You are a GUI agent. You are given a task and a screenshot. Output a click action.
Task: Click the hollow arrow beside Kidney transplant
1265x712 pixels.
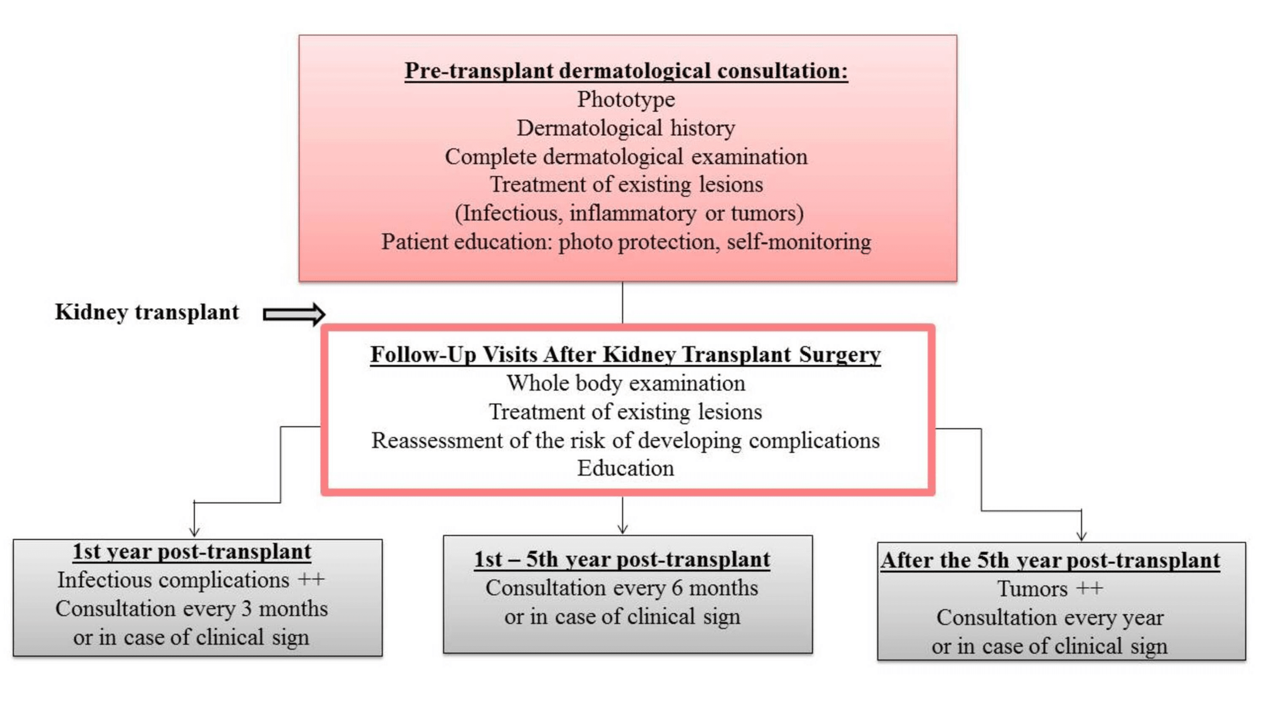point(293,314)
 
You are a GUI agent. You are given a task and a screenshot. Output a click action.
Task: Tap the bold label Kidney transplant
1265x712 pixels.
point(147,312)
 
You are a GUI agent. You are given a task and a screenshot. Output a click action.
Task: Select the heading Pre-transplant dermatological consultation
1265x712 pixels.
point(626,71)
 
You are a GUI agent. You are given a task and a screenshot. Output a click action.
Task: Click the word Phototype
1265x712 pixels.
point(626,99)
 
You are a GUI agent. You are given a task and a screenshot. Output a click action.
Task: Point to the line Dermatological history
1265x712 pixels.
point(626,128)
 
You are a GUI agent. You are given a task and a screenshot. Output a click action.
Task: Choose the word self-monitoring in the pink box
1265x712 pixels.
point(799,242)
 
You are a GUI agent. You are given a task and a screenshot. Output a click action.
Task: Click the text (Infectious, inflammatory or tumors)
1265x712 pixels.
point(629,214)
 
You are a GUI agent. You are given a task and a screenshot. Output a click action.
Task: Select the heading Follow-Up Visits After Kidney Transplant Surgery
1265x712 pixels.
point(625,355)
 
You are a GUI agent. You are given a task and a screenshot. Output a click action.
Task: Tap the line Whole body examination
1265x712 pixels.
point(626,384)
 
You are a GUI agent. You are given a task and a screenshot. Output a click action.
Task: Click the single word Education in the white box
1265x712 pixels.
point(626,468)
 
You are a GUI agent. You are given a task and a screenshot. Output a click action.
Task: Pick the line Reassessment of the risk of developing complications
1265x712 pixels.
point(625,441)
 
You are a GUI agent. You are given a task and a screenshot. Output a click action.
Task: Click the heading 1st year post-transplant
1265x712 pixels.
point(192,552)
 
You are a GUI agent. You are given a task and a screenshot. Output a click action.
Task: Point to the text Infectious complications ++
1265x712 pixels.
point(191,580)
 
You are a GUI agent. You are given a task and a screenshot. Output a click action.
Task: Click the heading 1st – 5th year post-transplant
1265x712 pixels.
point(622,560)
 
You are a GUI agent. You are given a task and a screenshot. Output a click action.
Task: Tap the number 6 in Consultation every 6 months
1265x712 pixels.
point(677,588)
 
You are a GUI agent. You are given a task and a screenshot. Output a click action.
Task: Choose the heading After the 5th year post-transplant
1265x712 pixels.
point(1050,561)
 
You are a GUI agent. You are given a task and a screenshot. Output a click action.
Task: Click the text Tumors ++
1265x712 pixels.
point(1050,589)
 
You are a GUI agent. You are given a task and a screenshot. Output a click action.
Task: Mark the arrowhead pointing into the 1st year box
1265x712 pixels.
point(194,532)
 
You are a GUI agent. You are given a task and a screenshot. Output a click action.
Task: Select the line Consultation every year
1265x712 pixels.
point(1050,618)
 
